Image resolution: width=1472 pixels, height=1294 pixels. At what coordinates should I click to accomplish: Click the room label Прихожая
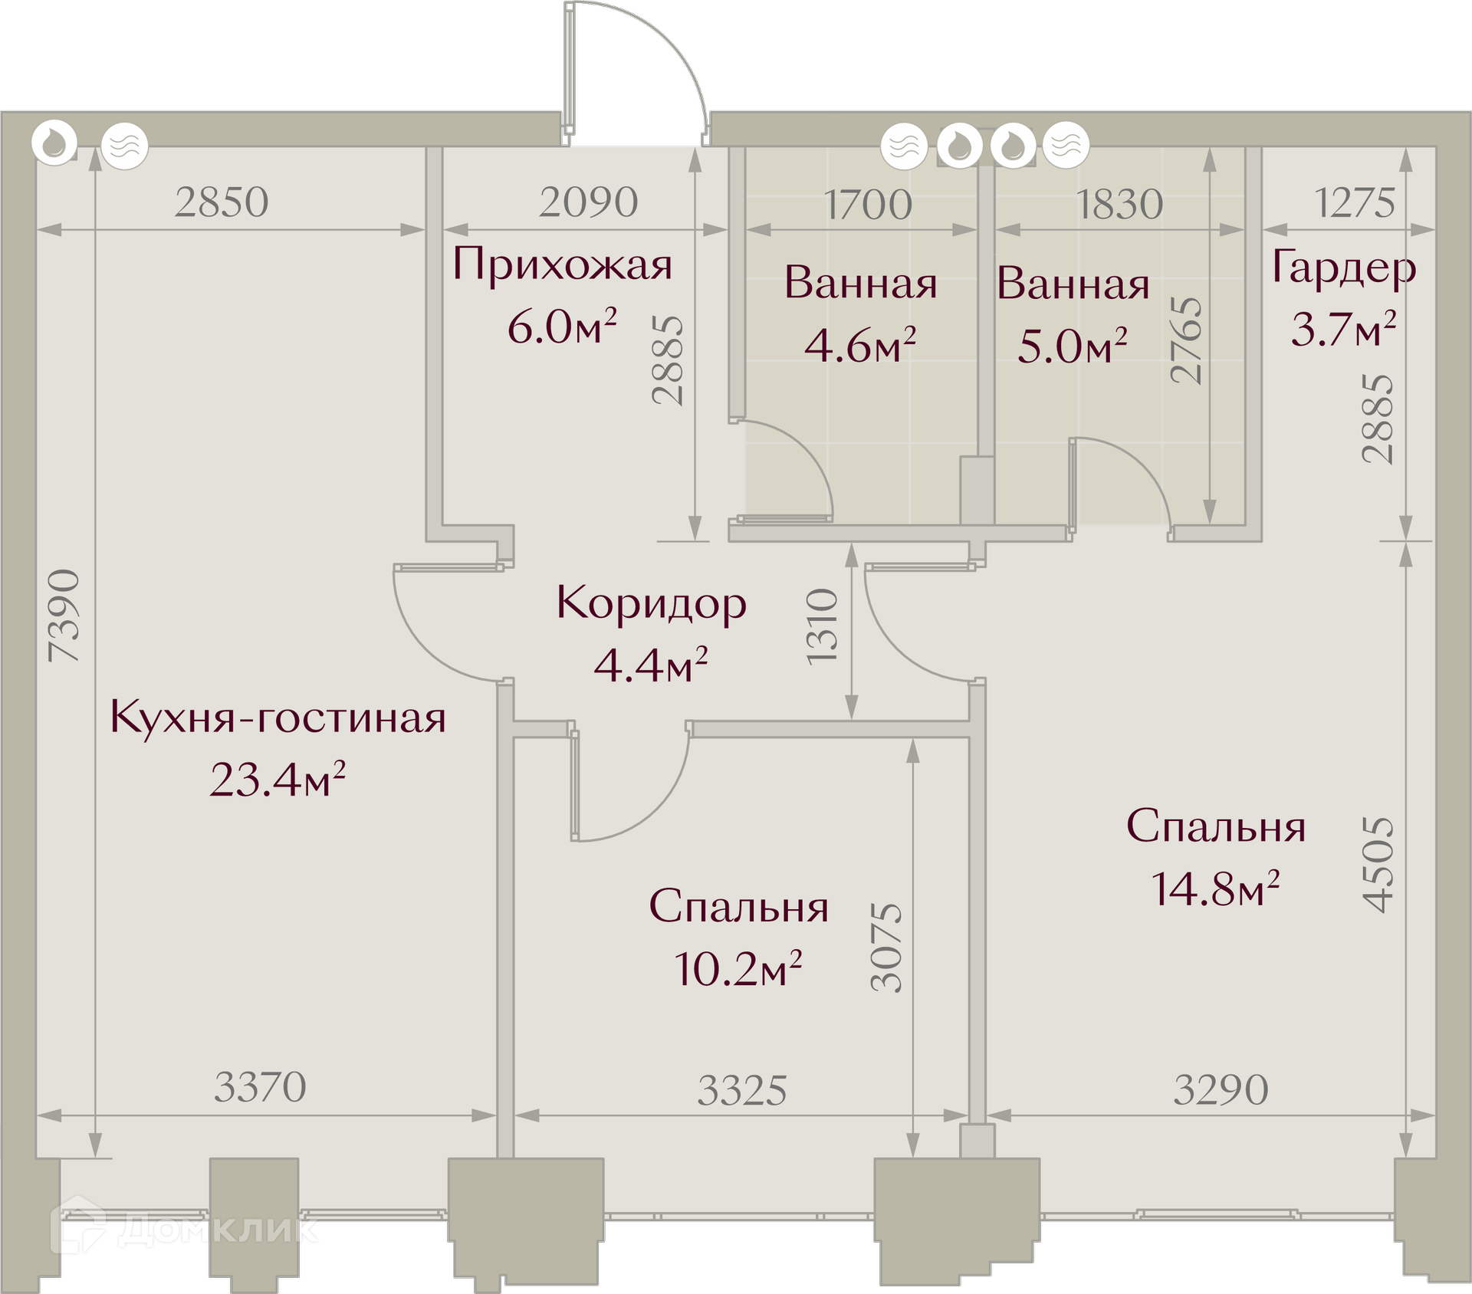[x=562, y=265]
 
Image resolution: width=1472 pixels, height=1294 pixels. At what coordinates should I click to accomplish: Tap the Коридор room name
[x=652, y=603]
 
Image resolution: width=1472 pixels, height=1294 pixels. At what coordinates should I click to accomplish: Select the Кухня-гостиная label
[x=278, y=718]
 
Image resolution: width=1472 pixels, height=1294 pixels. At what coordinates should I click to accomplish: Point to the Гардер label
[x=1344, y=268]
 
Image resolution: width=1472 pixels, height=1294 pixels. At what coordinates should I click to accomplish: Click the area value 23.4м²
[x=278, y=780]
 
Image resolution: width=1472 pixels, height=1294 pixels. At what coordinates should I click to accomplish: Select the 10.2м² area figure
[x=738, y=968]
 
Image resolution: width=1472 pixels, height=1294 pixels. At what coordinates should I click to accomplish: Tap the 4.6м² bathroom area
[x=860, y=345]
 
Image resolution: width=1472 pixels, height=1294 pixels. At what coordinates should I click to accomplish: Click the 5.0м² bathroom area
[x=1073, y=346]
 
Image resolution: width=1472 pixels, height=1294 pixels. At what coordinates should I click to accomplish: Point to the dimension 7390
[x=64, y=616]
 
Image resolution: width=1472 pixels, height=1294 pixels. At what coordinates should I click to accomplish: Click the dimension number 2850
[x=222, y=202]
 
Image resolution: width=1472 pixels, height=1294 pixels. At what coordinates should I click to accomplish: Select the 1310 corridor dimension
[x=823, y=626]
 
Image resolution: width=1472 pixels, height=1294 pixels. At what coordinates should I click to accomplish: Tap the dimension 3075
[x=887, y=948]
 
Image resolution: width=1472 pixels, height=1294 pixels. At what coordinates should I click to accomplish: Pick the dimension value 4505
[x=1378, y=864]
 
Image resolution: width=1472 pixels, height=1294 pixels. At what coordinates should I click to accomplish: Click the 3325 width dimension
[x=742, y=1091]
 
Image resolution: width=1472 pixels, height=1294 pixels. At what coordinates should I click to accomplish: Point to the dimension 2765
[x=1186, y=340]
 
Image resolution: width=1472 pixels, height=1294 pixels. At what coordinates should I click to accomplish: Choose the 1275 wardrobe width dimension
[x=1355, y=203]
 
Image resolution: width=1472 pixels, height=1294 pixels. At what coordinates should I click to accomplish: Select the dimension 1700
[x=868, y=205]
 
